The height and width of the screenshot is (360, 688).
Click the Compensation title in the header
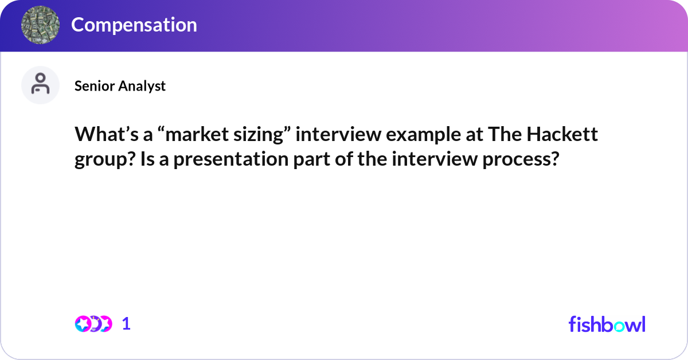click(134, 25)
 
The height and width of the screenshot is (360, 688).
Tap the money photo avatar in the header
click(40, 25)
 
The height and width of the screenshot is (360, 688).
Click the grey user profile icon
click(40, 85)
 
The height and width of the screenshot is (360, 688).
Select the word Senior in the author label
click(95, 85)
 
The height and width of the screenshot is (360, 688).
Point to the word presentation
click(220, 159)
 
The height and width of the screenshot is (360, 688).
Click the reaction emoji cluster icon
click(93, 324)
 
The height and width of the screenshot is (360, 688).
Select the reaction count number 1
click(126, 324)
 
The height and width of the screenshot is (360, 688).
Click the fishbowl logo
click(607, 324)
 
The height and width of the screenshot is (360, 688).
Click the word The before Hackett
click(502, 135)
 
